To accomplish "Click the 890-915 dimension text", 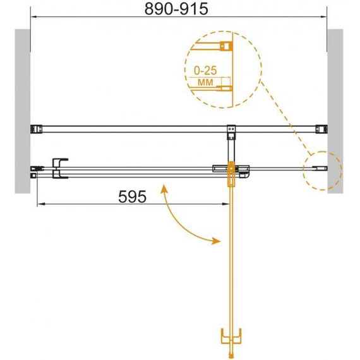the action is point(176,9).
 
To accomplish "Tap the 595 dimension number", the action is point(132,197).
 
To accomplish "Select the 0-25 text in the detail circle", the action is point(205,71).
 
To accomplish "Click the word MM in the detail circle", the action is point(205,82).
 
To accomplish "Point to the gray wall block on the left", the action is point(23,111).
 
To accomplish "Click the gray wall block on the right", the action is point(335,111).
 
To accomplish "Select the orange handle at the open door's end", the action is point(231,337).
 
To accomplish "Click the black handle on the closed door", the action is point(59,168).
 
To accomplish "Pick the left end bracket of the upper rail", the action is point(36,129).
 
